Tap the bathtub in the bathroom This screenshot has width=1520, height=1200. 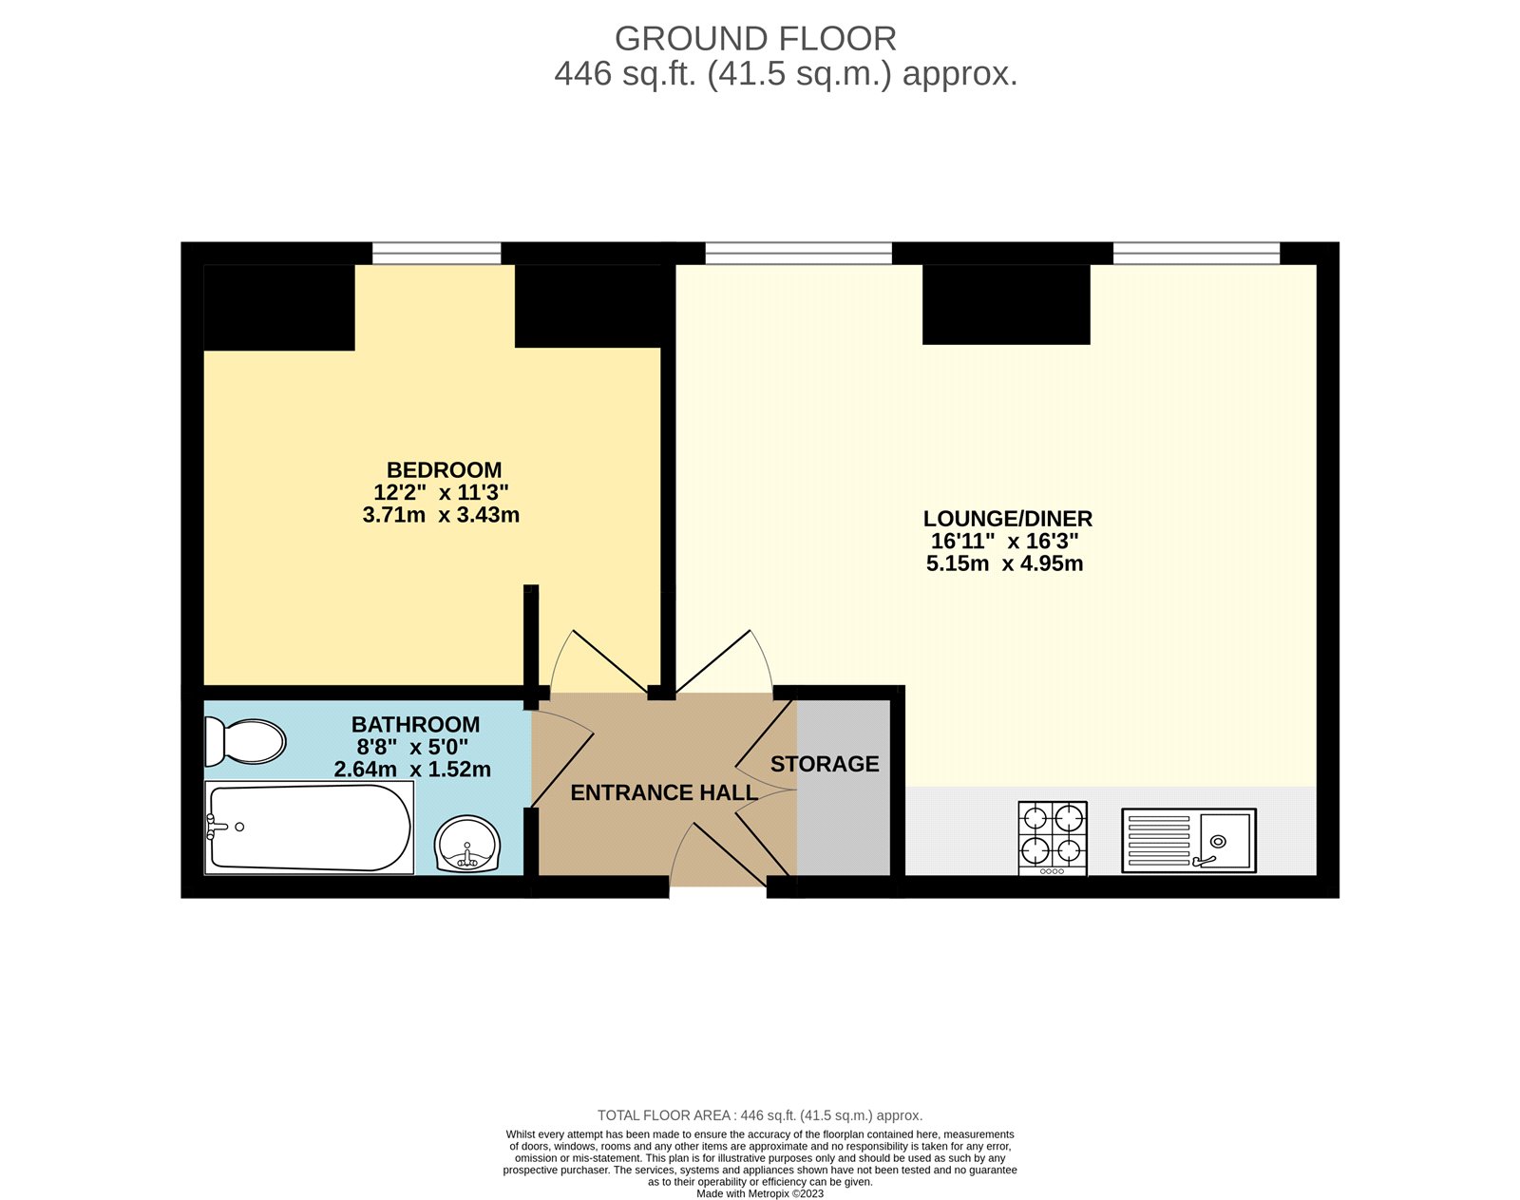click(310, 828)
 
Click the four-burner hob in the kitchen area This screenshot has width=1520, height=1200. click(1053, 837)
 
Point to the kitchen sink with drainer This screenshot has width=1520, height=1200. click(1188, 840)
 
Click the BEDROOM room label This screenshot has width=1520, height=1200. click(444, 470)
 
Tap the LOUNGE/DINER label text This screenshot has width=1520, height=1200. click(1007, 519)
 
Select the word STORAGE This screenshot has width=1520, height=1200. click(825, 764)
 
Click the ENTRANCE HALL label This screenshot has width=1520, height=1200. click(663, 792)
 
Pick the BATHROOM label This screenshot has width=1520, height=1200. click(415, 725)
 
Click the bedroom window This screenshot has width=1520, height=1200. click(436, 253)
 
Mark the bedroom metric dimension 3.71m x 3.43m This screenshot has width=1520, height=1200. click(441, 515)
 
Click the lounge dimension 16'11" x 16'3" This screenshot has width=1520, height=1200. click(1004, 542)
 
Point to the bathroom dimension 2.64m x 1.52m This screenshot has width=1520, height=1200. click(412, 770)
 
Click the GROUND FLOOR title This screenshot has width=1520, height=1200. click(755, 39)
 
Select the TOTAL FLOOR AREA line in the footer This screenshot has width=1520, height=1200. click(760, 1115)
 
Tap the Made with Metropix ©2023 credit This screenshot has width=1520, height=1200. click(760, 1193)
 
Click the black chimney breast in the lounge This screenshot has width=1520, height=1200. click(1006, 304)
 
